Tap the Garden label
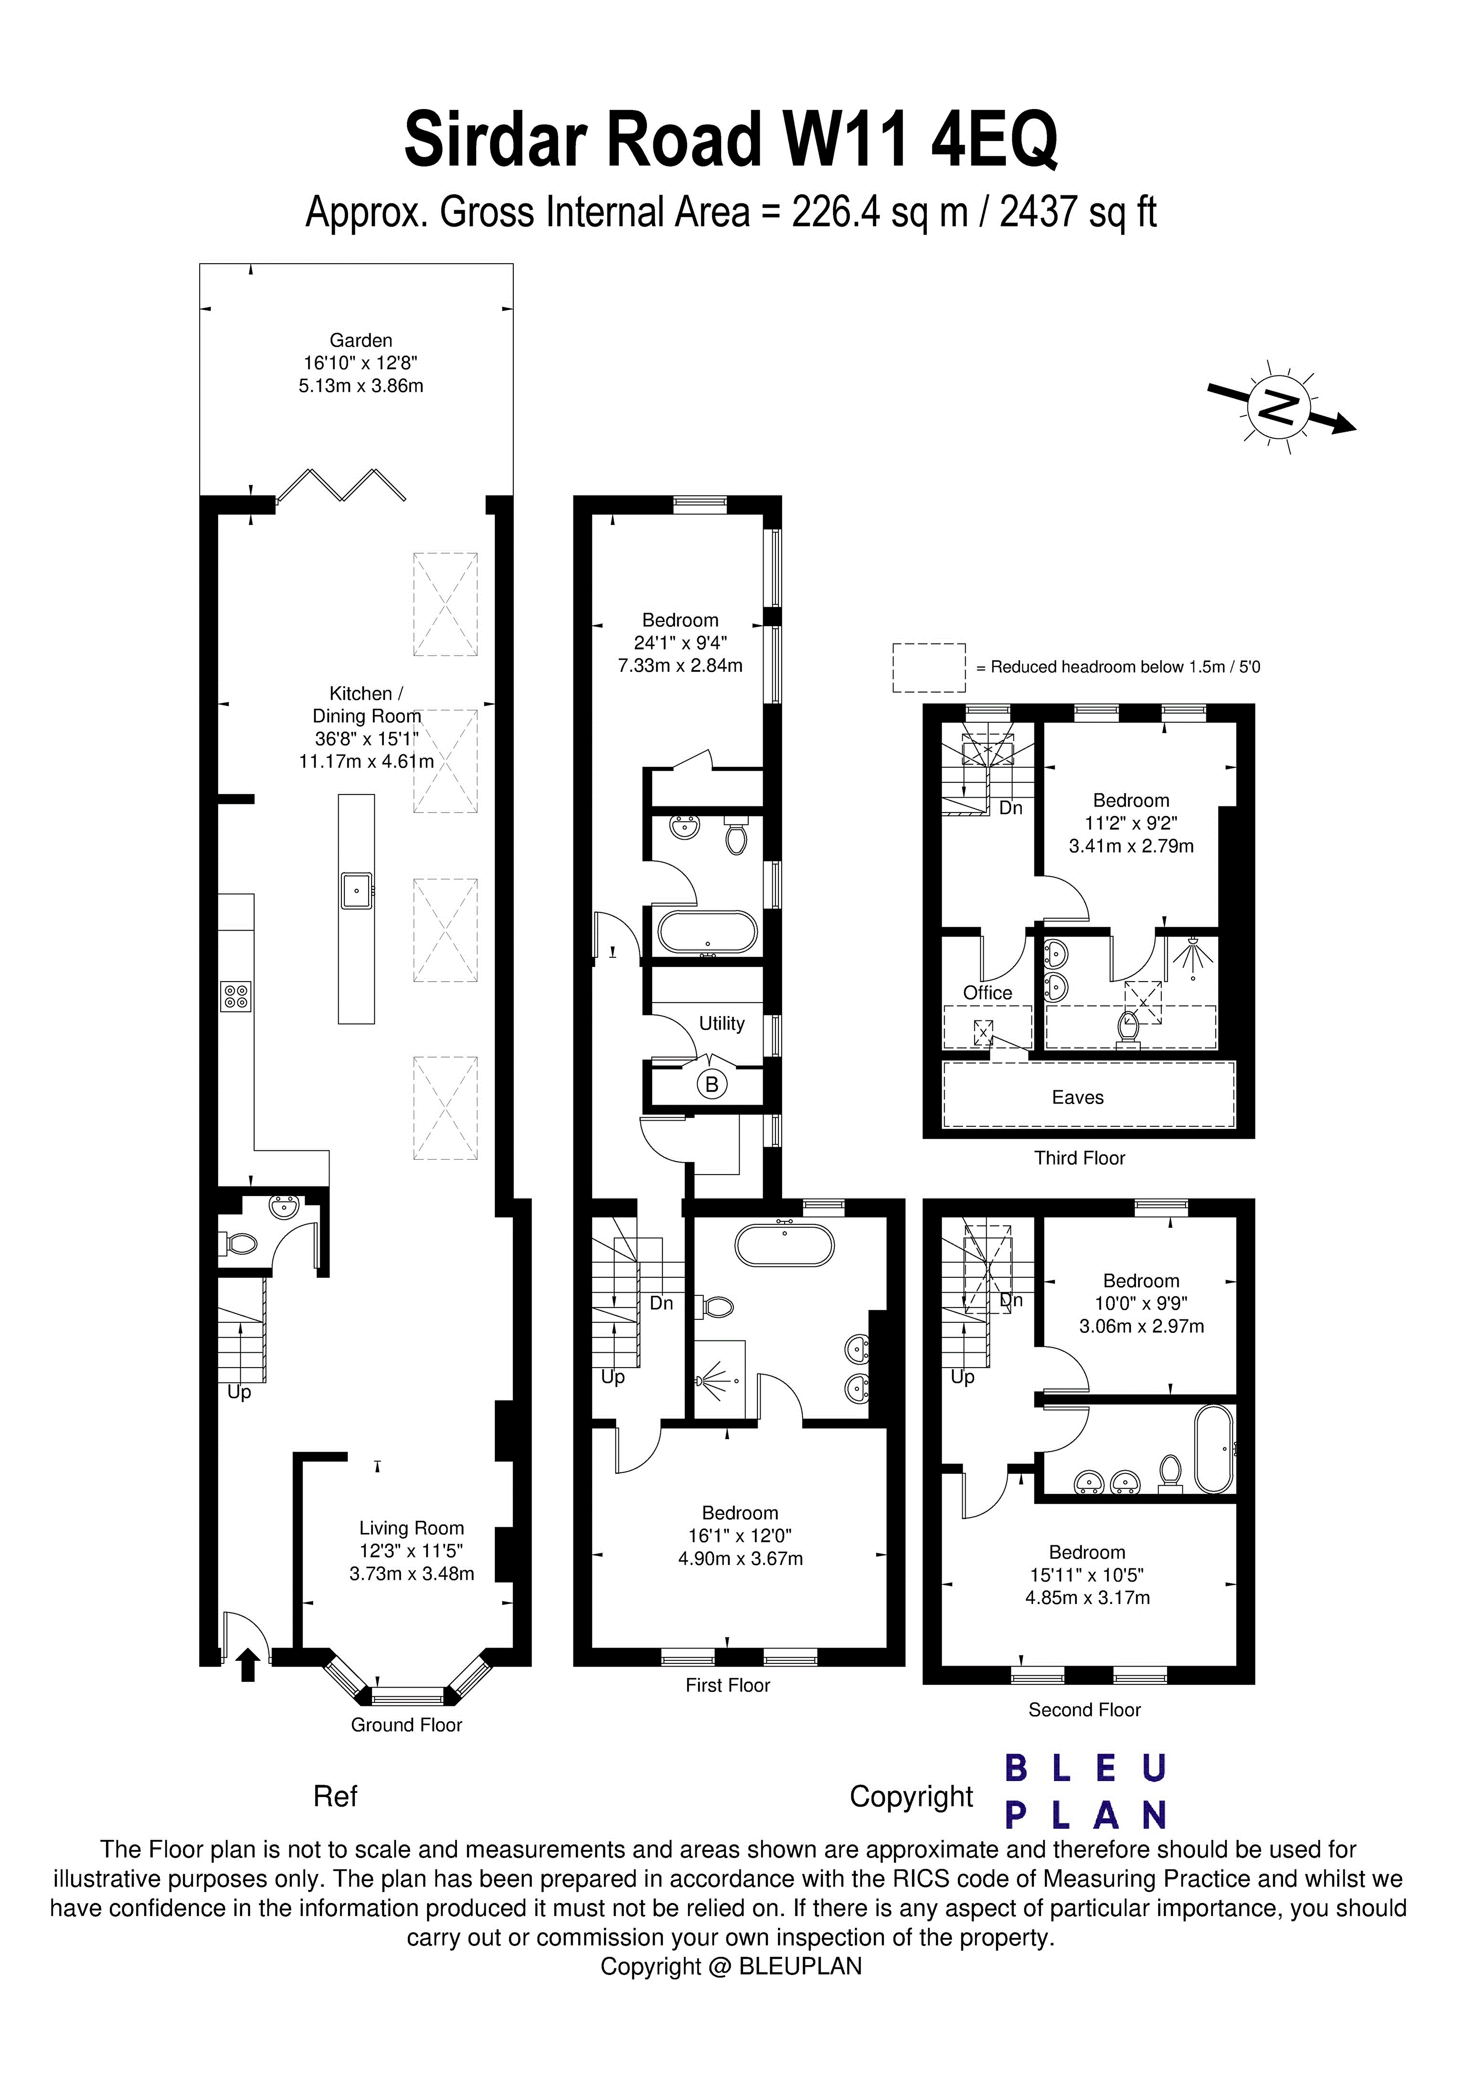pos(361,341)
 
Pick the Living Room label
pos(412,1528)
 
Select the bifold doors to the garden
pos(342,485)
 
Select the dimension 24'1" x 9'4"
pos(680,643)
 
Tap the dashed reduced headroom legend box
pos(929,668)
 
